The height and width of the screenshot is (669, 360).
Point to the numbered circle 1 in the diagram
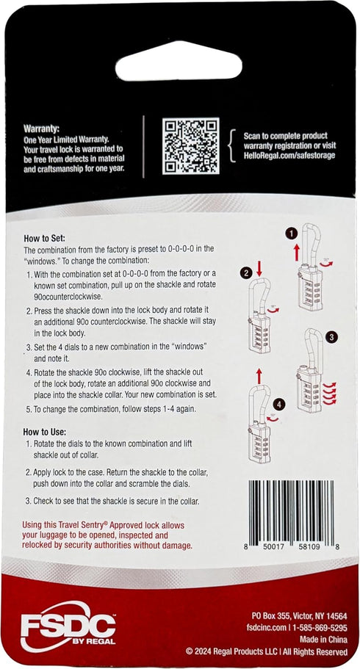(292, 233)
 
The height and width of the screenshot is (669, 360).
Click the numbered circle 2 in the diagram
(246, 274)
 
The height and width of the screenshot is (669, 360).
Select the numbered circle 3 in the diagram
(332, 336)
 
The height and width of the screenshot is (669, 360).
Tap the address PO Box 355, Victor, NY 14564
(299, 615)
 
